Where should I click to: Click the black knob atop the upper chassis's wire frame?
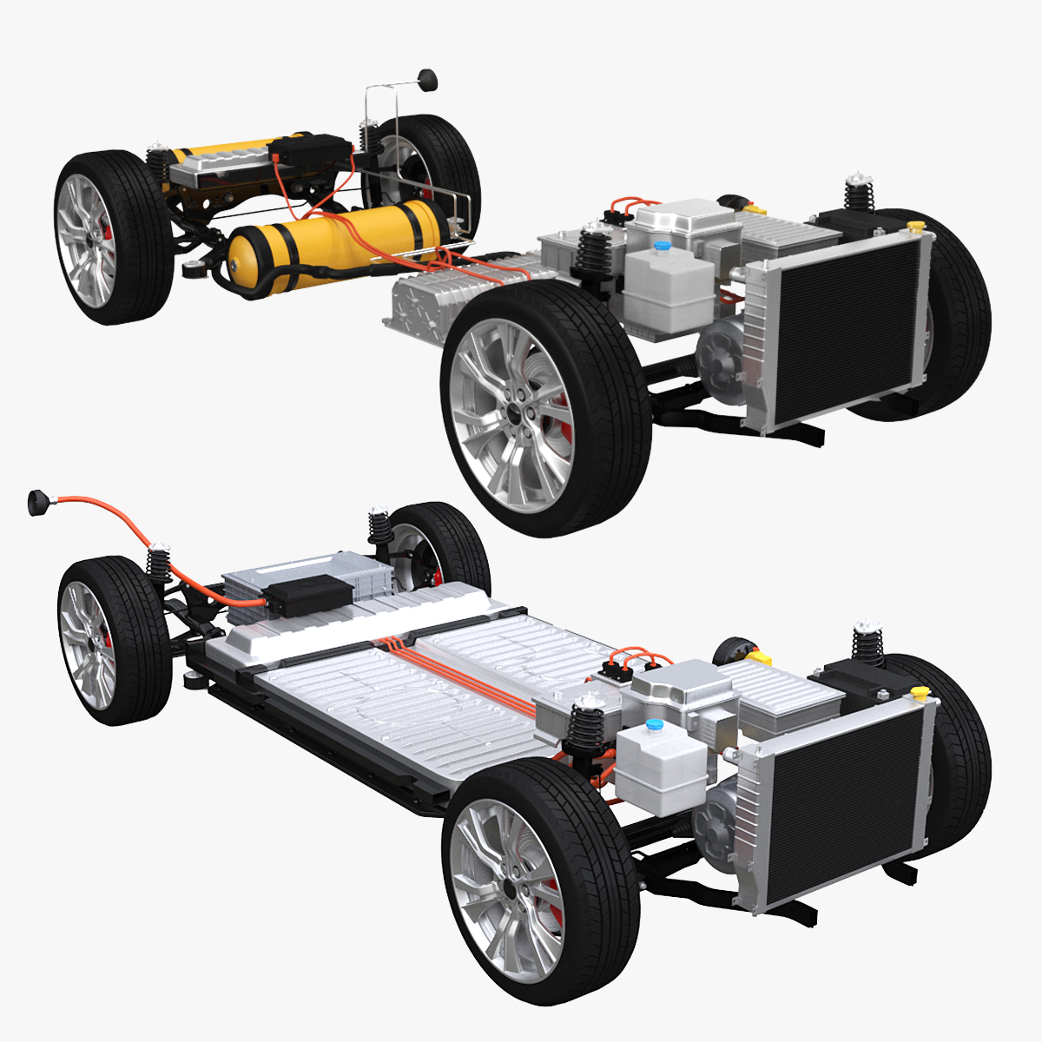(427, 80)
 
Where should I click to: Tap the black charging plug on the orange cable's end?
(39, 502)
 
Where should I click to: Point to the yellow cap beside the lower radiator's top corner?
(920, 692)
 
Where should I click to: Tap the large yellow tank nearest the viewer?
(339, 239)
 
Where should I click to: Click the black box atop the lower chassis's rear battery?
(309, 594)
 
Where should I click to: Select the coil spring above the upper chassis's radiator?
(858, 191)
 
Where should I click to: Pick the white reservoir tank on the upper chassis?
(668, 278)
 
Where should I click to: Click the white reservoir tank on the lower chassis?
(660, 759)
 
